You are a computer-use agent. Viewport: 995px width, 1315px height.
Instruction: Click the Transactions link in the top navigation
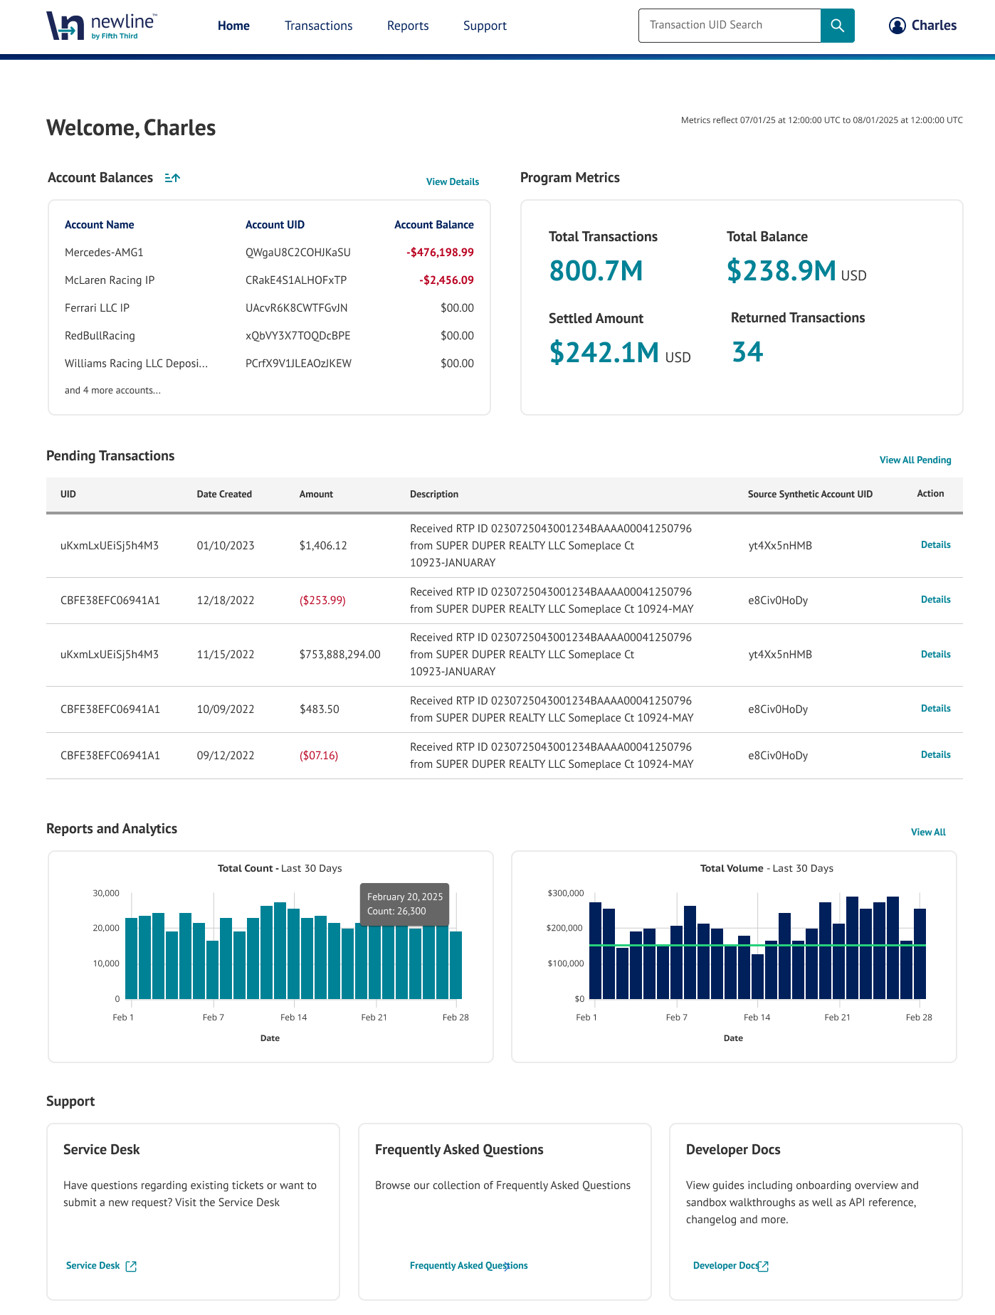tap(318, 26)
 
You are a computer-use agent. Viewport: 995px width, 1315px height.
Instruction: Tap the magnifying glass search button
tap(837, 26)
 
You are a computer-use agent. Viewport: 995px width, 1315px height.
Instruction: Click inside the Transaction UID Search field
tap(729, 26)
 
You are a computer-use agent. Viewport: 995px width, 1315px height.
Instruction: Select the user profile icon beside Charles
tap(897, 26)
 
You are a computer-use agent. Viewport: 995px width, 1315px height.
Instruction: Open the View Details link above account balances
tap(452, 182)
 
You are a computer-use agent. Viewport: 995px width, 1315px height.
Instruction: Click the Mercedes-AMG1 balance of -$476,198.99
tap(440, 253)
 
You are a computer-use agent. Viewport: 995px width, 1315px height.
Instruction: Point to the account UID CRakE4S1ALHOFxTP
tap(296, 280)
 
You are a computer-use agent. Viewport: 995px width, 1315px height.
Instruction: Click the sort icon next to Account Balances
tap(172, 178)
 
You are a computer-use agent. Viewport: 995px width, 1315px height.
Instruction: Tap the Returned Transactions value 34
tap(747, 352)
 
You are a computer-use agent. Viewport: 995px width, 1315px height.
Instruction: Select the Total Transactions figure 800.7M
tap(596, 271)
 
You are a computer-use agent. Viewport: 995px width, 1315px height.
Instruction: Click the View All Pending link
tap(915, 460)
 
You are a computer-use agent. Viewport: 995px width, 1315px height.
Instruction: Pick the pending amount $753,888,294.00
tap(339, 655)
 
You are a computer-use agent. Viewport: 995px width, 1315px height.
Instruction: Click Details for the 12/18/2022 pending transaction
tap(935, 600)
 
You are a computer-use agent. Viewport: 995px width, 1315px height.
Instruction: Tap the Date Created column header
tap(224, 495)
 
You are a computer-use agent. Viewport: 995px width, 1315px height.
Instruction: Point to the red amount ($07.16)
tap(319, 756)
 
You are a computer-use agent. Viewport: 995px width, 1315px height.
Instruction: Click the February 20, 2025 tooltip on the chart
tap(404, 904)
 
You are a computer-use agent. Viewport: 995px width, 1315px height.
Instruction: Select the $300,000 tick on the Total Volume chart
tap(565, 893)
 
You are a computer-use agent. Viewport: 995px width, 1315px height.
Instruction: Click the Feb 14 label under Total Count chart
tap(293, 1018)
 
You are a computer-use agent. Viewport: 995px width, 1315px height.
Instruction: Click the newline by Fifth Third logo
tap(101, 26)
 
